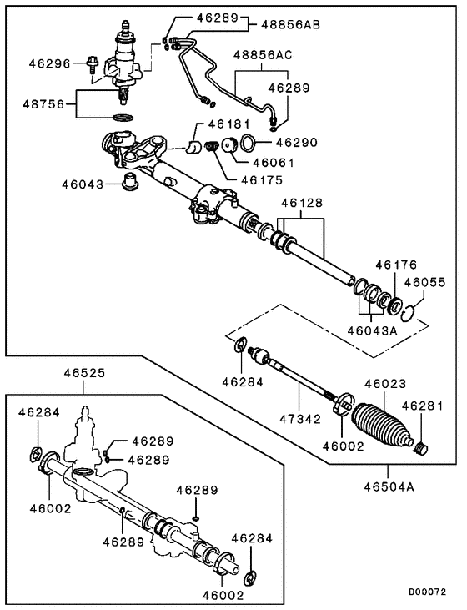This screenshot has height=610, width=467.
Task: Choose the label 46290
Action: (296, 143)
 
